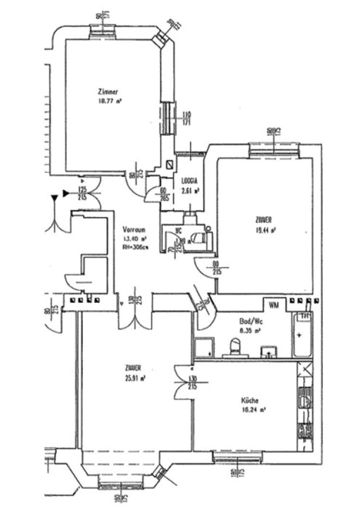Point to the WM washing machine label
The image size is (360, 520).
click(273, 305)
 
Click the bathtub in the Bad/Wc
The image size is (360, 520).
click(302, 335)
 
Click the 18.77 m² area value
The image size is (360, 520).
click(109, 102)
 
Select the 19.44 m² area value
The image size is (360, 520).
click(266, 230)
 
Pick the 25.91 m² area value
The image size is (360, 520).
click(135, 378)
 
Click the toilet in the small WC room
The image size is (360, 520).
click(198, 237)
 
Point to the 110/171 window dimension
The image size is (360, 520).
click(187, 117)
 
